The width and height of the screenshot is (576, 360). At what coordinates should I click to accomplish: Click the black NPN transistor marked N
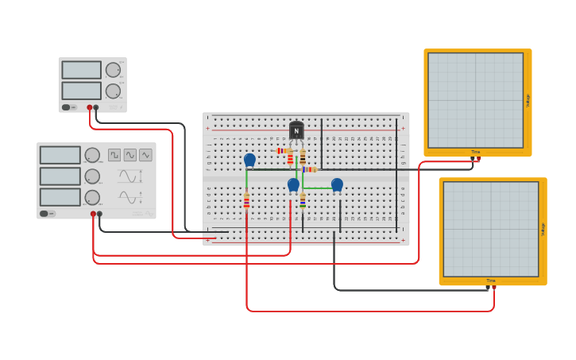pyautogui.click(x=296, y=131)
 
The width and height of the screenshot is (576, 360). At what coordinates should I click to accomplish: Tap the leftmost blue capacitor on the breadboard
pyautogui.click(x=249, y=160)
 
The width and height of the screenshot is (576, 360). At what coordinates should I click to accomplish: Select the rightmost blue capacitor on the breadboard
pyautogui.click(x=337, y=184)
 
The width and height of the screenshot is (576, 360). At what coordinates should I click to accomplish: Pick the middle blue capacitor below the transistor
pyautogui.click(x=293, y=184)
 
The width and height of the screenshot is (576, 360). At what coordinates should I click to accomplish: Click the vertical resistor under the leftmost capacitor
pyautogui.click(x=246, y=202)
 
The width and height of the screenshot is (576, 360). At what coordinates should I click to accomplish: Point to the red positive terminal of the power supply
pyautogui.click(x=90, y=107)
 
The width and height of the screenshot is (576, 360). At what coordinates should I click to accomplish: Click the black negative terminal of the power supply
pyautogui.click(x=96, y=107)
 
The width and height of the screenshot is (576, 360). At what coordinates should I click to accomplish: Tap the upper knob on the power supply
pyautogui.click(x=113, y=70)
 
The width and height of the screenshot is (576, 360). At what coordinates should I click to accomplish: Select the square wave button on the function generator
pyautogui.click(x=114, y=155)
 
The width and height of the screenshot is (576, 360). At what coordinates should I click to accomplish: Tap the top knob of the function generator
pyautogui.click(x=92, y=155)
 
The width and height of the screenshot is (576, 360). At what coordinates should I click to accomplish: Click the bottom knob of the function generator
pyautogui.click(x=92, y=197)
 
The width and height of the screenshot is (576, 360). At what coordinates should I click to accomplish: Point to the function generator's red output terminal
pyautogui.click(x=93, y=214)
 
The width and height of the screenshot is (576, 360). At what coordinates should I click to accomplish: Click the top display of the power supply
pyautogui.click(x=82, y=70)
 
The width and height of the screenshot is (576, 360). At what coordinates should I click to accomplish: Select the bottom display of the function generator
pyautogui.click(x=60, y=196)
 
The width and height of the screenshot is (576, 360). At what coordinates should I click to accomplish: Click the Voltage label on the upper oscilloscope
pyautogui.click(x=528, y=100)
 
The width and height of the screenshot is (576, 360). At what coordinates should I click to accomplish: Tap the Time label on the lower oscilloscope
pyautogui.click(x=491, y=281)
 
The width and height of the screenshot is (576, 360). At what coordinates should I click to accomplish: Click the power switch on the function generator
pyautogui.click(x=48, y=213)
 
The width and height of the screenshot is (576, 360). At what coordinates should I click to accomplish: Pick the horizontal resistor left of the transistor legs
pyautogui.click(x=282, y=150)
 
